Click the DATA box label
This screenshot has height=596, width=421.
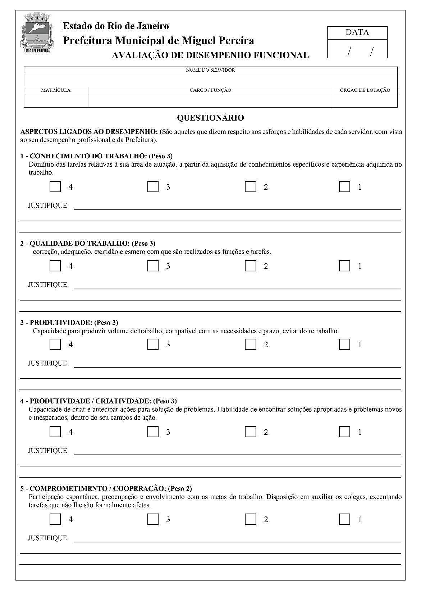coord(357,32)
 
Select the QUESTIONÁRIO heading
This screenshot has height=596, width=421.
coord(210,118)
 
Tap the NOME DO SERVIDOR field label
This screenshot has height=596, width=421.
coord(210,70)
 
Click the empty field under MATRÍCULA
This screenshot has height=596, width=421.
coord(56,100)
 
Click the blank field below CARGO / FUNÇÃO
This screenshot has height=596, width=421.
coord(210,100)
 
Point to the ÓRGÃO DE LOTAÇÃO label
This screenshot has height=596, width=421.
coord(365,90)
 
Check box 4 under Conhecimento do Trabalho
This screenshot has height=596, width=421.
coord(55,186)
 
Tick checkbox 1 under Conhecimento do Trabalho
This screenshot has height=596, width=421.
coord(344,186)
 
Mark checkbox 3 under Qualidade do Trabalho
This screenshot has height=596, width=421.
coord(153,266)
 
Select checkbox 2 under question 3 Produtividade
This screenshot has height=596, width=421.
coord(250,344)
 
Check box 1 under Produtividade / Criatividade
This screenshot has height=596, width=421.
coord(344,432)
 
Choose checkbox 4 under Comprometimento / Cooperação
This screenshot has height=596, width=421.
coord(55,519)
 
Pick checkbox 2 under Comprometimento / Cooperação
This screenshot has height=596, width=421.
coord(250,519)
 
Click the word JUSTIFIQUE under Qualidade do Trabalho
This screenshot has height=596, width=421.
coord(47,285)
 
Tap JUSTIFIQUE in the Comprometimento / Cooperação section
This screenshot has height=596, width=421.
coord(47,538)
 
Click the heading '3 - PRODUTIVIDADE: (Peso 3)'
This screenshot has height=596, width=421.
coord(69,322)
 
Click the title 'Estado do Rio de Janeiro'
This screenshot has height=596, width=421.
coord(116,26)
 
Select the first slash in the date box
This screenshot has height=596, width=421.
coord(349,52)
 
